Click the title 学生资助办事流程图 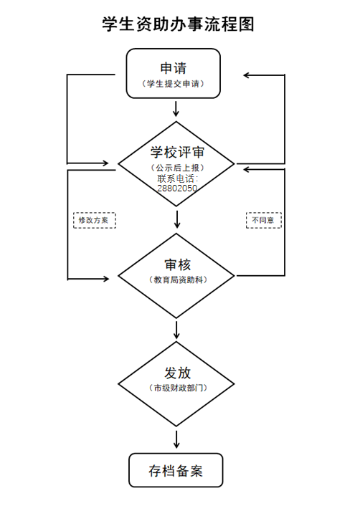(178, 24)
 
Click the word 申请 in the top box (174, 68)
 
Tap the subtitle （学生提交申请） (174, 84)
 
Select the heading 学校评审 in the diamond (177, 152)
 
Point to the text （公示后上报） (178, 168)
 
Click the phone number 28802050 (177, 188)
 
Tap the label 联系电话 (176, 178)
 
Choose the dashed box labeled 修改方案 (95, 220)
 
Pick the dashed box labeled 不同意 (264, 220)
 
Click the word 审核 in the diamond (178, 264)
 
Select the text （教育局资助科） (178, 279)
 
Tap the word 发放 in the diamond (178, 373)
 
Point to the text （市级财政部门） (178, 388)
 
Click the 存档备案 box (176, 470)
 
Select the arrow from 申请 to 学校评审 (176, 109)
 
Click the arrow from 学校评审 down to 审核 (177, 219)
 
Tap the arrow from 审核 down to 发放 (176, 330)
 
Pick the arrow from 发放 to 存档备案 (176, 439)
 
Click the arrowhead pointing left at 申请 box (246, 75)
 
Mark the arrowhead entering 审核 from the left (106, 279)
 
